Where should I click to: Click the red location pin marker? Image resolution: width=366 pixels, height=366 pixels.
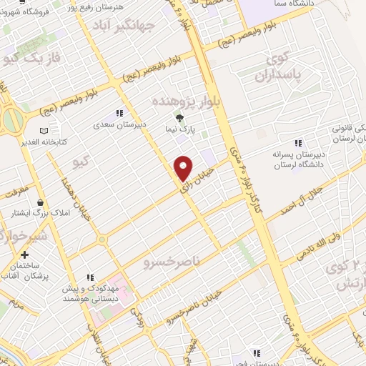[x=184, y=167]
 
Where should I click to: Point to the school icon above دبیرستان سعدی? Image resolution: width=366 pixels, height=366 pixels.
[x=119, y=112]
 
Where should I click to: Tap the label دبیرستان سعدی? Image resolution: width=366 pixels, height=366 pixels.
[x=120, y=124]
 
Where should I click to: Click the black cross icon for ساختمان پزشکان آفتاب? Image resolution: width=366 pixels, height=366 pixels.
[x=25, y=254]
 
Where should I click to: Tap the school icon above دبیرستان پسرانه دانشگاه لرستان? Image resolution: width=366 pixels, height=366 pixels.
[x=300, y=143]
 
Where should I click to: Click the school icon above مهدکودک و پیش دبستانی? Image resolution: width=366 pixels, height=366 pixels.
[x=90, y=277]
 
